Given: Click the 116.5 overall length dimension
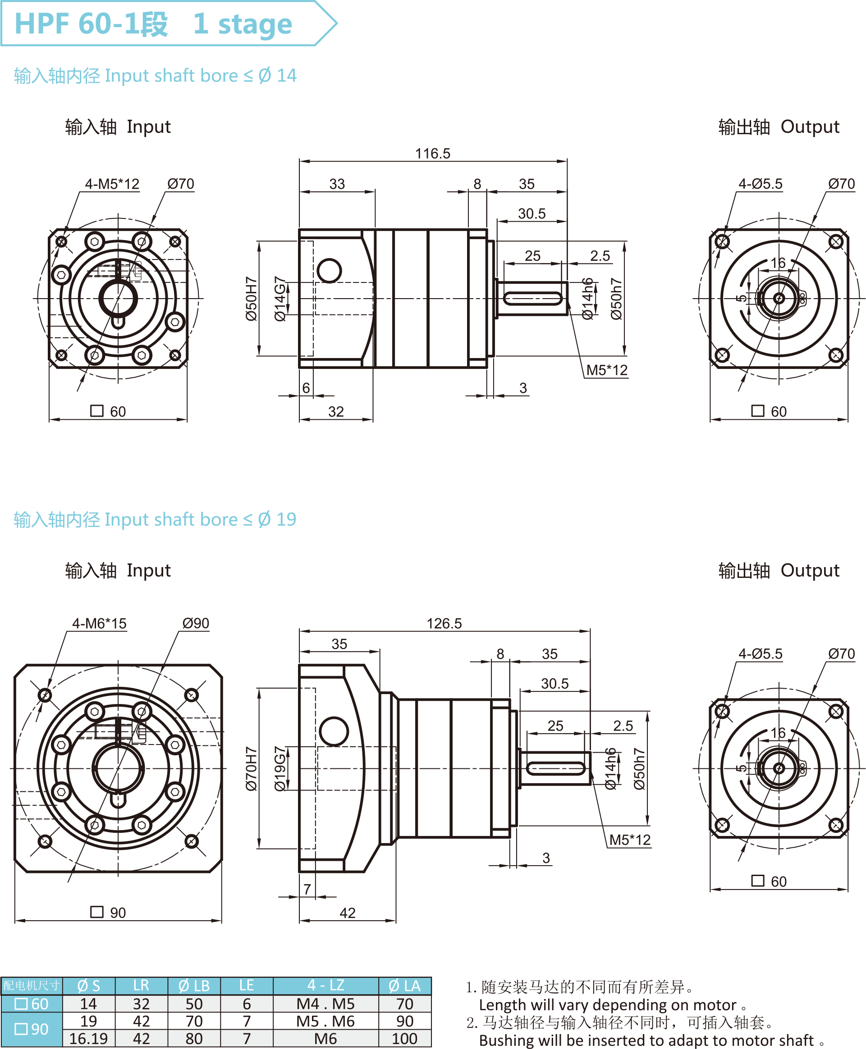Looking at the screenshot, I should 432,154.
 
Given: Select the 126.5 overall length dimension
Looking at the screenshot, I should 444,623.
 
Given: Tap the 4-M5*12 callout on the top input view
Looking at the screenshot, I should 112,184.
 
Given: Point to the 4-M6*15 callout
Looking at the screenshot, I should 99,623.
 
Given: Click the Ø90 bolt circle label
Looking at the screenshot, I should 196,623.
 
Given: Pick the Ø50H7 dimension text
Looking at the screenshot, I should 251,299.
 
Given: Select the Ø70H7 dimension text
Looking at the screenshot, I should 251,768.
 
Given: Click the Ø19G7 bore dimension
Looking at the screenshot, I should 280,768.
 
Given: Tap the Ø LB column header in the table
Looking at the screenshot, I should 194,985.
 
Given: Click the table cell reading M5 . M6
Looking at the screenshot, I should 325,1021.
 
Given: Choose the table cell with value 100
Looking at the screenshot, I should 404,1039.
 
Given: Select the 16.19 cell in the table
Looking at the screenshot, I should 88,1039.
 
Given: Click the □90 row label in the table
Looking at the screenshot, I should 32,1029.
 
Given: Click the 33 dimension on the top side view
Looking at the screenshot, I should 337,184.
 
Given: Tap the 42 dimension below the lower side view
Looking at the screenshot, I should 347,913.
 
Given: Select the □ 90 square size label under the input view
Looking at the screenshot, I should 108,913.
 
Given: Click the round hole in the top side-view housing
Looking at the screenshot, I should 329,271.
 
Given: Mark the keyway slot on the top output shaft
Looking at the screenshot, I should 532,299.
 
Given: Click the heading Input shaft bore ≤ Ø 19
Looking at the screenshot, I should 155,519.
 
